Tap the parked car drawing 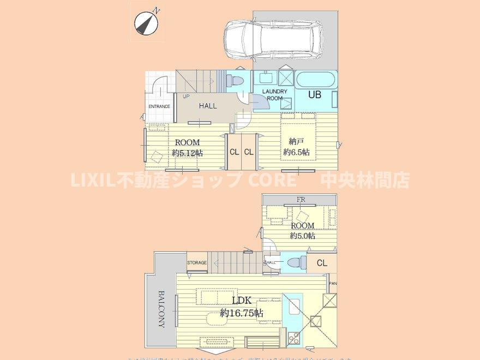(273, 39)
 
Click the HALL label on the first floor (207, 106)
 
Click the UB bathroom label (315, 94)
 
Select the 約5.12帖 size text (187, 153)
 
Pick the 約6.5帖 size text (296, 153)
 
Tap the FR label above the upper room (301, 200)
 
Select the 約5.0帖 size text (302, 236)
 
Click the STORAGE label (197, 263)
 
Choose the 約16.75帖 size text (242, 313)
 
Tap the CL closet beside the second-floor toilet (322, 263)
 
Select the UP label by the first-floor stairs (187, 97)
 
